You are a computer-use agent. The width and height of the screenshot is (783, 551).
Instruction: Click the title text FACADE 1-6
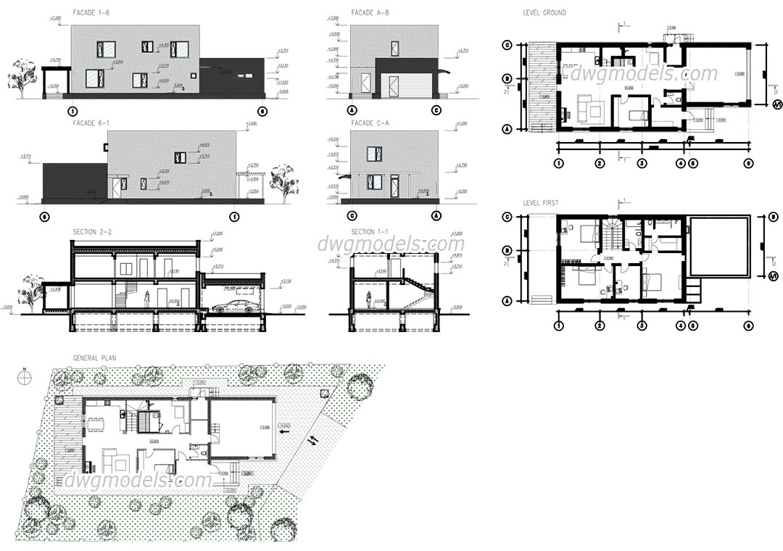pos(91,13)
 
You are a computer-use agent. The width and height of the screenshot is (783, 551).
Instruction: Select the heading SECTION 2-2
pos(92,232)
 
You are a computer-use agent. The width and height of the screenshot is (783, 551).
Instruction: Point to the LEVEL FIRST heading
pos(541,203)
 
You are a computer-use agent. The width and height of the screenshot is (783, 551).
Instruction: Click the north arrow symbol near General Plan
pos(24,378)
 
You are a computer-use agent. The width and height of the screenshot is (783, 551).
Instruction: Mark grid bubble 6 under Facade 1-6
pos(262,111)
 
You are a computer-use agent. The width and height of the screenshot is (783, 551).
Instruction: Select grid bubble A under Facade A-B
pos(352,111)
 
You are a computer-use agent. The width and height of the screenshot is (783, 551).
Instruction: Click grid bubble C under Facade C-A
pos(352,215)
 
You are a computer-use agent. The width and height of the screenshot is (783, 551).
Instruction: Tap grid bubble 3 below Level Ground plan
pos(642,163)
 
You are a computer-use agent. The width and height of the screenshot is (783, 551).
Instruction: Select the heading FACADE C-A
pos(370,123)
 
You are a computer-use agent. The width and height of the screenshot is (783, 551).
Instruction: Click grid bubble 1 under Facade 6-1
pos(234,216)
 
